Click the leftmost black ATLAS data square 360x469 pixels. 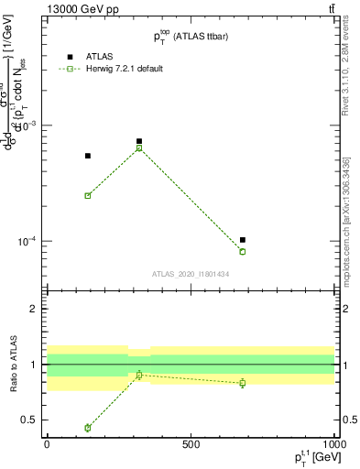[88, 156]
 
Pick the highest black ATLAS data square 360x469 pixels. [139, 141]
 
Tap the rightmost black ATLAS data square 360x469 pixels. [243, 240]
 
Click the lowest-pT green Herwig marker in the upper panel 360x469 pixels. [88, 195]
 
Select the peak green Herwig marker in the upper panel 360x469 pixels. [139, 147]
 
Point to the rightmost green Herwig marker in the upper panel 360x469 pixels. [243, 251]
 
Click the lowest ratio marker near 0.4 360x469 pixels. [88, 428]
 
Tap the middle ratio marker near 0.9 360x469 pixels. [139, 375]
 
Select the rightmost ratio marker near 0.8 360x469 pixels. [243, 383]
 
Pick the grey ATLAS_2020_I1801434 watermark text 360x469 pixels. [190, 274]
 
